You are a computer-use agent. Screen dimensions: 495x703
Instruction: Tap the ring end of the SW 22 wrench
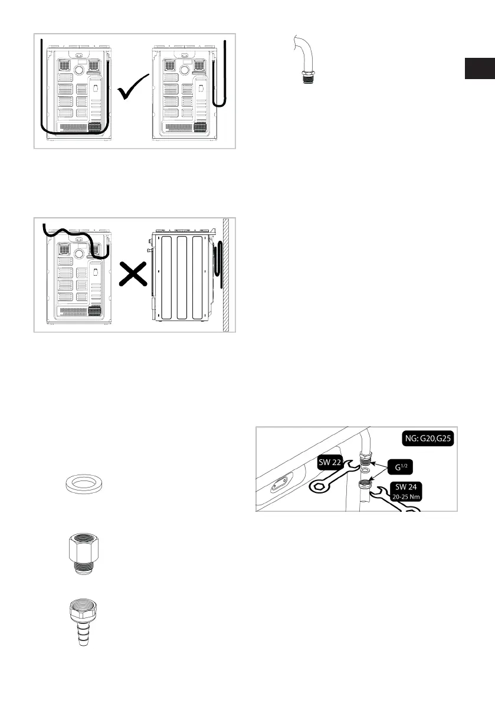(319, 487)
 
